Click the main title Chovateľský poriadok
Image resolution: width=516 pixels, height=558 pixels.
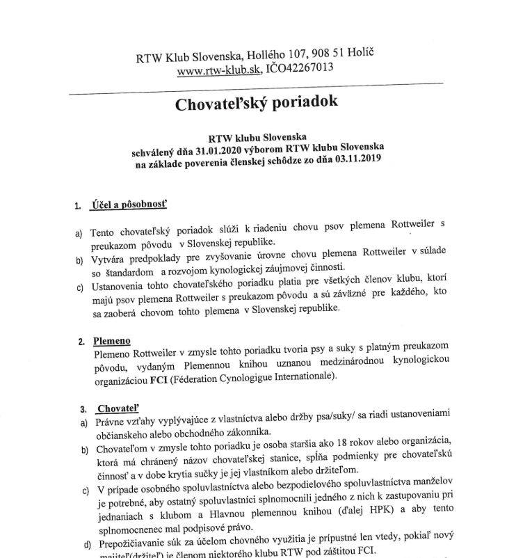pyautogui.click(x=257, y=103)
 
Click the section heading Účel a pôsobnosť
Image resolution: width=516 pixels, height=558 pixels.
pyautogui.click(x=129, y=205)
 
